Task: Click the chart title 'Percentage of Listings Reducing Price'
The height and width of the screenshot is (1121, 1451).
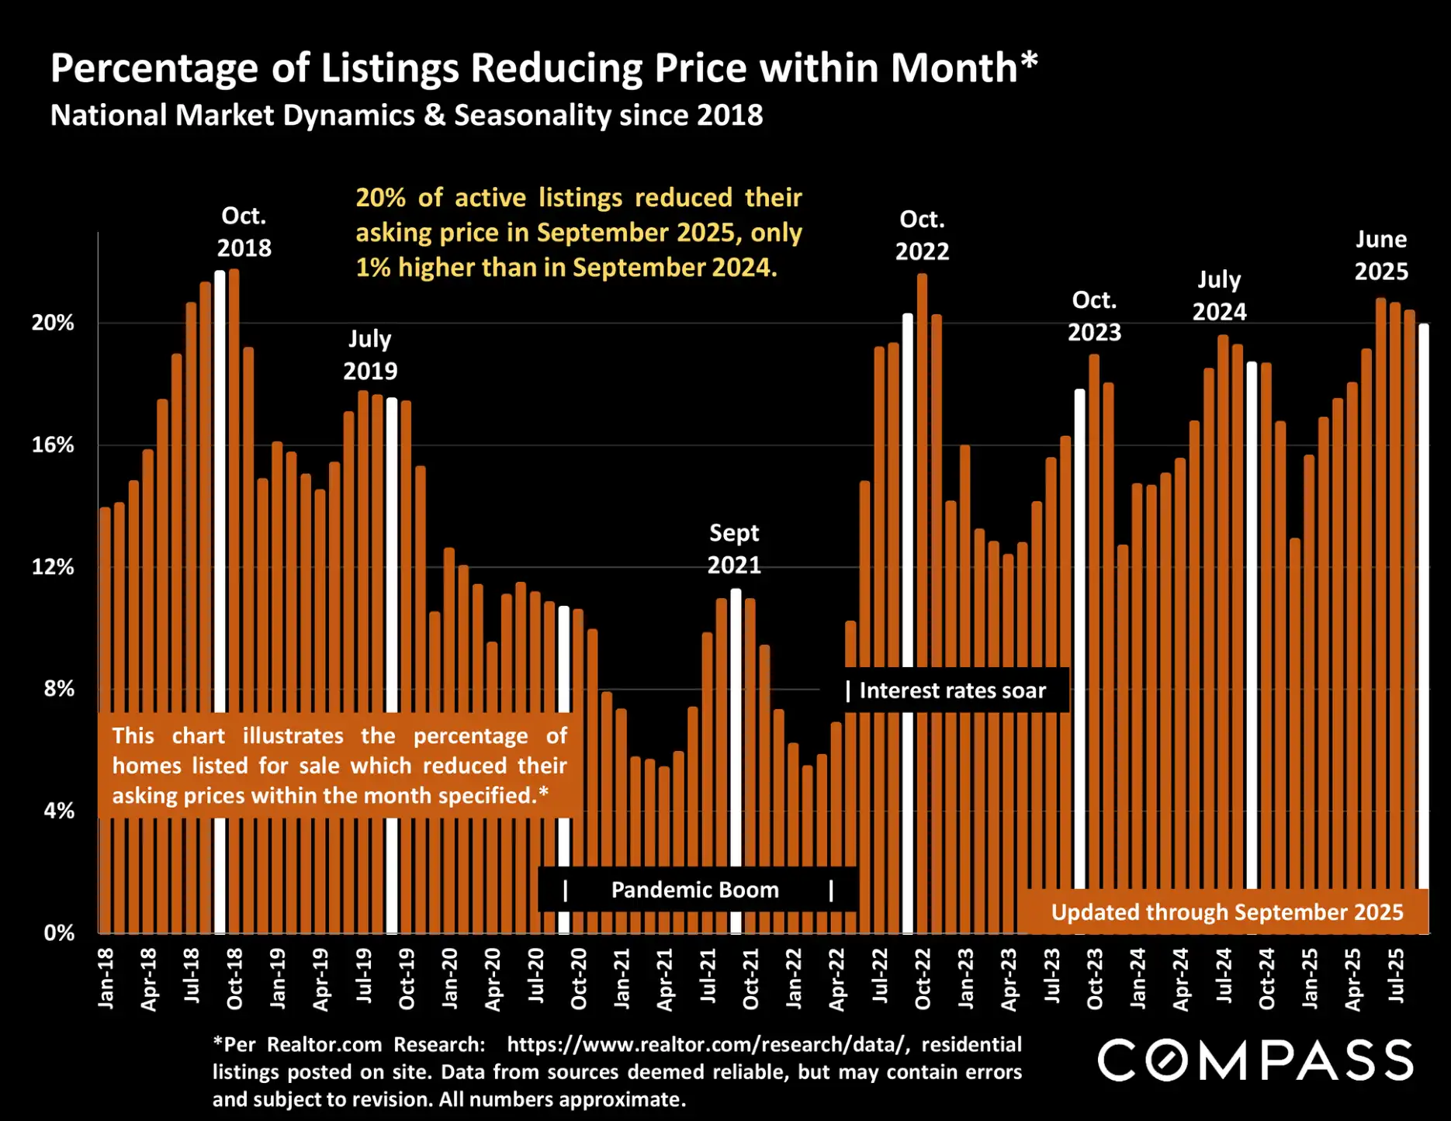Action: [543, 68]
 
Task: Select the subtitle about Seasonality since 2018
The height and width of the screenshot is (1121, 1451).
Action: [407, 116]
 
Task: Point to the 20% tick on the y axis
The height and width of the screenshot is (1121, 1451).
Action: [53, 323]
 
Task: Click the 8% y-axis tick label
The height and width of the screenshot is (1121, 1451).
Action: [59, 689]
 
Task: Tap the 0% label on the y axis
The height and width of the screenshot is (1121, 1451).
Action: [59, 932]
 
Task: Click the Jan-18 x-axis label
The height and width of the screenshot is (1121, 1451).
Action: [106, 978]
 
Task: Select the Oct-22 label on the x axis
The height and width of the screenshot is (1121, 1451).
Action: [923, 978]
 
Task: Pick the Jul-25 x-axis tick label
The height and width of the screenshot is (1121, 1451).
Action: [1396, 975]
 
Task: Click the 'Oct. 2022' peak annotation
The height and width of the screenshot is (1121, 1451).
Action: [922, 236]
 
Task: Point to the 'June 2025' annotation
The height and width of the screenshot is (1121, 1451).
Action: [1381, 255]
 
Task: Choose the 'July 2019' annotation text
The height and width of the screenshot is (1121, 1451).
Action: [370, 355]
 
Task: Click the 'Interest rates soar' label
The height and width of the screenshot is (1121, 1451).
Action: [952, 690]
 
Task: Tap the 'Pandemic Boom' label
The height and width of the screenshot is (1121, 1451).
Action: [694, 890]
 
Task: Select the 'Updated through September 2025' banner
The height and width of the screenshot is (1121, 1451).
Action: [1227, 912]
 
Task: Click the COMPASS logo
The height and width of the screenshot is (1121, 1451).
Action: [1255, 1060]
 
